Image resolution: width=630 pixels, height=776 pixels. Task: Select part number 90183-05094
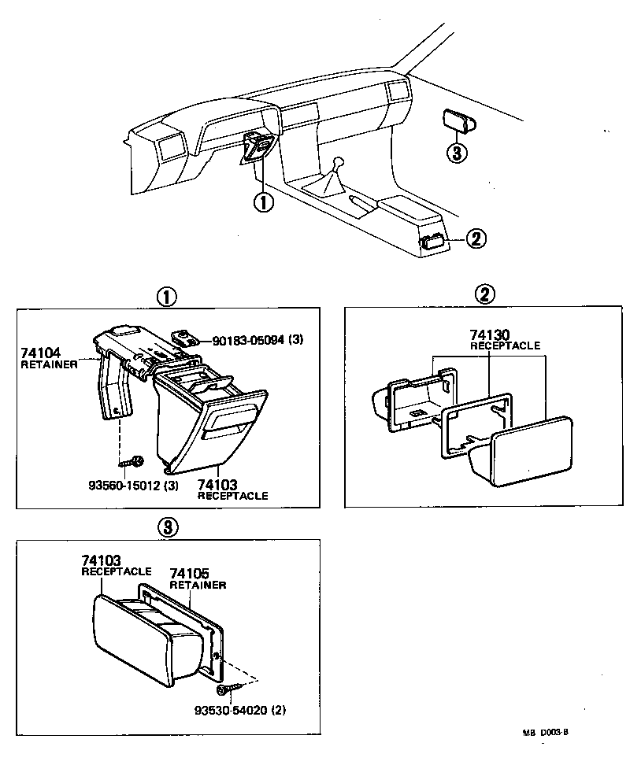251,340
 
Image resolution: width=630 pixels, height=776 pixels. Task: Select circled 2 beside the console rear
476,238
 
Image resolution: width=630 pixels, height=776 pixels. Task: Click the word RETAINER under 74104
49,364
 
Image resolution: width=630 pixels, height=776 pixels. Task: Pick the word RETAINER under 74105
198,585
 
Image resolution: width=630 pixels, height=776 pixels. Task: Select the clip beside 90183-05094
186,338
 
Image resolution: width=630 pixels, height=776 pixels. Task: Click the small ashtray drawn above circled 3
458,120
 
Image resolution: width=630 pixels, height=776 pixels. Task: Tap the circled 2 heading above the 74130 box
485,294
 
